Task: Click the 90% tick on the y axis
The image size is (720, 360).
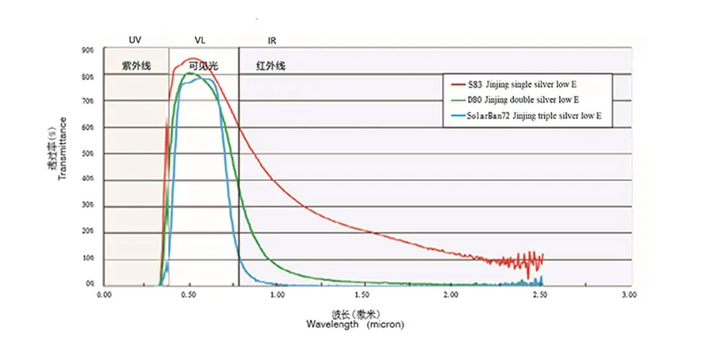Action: pos(88,50)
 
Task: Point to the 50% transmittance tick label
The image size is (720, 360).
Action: pos(88,154)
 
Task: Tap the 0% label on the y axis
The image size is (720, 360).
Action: pos(91,283)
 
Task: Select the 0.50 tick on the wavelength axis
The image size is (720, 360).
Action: pos(190,294)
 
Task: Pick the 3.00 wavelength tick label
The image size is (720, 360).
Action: pos(628,294)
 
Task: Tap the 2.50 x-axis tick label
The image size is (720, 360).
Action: pos(541,294)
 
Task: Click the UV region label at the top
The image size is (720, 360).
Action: pos(135,40)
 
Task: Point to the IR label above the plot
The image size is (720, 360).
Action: pos(273,40)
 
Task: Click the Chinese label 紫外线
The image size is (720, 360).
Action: pos(137,66)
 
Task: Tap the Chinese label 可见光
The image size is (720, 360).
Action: pos(203,66)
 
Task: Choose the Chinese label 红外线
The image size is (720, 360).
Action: pos(271,66)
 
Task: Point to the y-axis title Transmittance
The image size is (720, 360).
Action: pos(62,149)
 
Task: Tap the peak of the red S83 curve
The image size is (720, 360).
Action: pos(192,58)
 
